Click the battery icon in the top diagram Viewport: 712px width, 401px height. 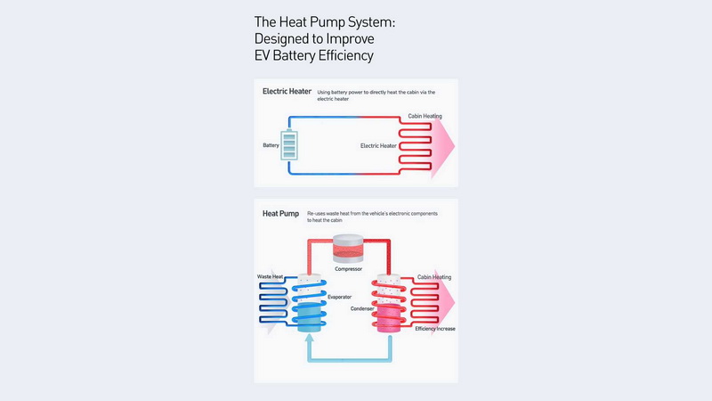coord(289,144)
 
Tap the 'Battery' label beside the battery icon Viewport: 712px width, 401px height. coord(271,145)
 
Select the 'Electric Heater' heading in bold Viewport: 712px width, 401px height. coord(287,92)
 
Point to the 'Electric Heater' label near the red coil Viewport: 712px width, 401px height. coord(378,146)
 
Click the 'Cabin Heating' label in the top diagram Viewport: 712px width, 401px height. coord(425,116)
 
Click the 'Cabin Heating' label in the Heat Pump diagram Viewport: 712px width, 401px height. coord(434,277)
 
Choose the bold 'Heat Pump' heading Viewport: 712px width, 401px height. coord(280,214)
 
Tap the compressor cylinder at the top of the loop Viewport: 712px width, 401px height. coord(348,249)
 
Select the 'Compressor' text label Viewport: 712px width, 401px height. coord(348,269)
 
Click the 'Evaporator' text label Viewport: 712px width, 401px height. coord(340,297)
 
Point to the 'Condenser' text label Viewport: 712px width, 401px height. coord(362,308)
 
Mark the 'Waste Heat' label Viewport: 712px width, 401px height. coord(270,276)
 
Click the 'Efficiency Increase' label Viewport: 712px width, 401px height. coord(435,329)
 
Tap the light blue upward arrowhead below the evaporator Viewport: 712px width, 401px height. coord(310,338)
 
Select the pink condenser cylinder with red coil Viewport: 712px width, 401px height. coord(389,303)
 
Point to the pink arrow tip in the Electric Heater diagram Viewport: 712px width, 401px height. coord(455,145)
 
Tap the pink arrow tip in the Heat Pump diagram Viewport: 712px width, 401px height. coord(455,302)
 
